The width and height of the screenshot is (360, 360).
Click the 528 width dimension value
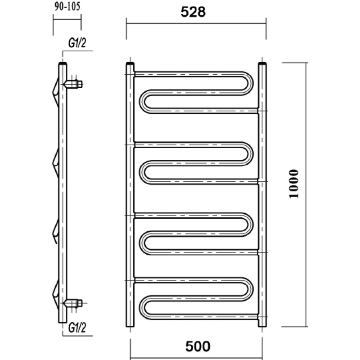[x=193, y=12]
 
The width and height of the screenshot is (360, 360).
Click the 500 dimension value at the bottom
[x=198, y=346]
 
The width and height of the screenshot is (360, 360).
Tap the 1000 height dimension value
[x=294, y=184]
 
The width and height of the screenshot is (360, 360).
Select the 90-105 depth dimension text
[x=67, y=6]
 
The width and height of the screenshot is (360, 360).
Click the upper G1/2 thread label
[x=77, y=43]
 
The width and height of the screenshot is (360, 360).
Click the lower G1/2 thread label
[x=77, y=328]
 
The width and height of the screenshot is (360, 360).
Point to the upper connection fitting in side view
[x=73, y=84]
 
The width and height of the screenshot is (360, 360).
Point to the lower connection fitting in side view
[x=73, y=303]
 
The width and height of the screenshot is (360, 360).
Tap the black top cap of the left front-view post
[x=130, y=63]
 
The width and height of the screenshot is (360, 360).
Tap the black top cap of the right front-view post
[x=262, y=63]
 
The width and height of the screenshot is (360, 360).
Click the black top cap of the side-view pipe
[x=63, y=63]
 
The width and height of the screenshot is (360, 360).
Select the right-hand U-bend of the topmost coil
[x=248, y=83]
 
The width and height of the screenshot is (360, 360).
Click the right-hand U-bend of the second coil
[x=248, y=154]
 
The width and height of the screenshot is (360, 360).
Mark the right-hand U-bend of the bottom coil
[x=248, y=289]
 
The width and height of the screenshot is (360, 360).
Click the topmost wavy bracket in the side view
[x=55, y=92]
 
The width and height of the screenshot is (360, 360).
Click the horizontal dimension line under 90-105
[x=67, y=19]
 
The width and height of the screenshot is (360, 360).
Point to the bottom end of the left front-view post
[x=130, y=325]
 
